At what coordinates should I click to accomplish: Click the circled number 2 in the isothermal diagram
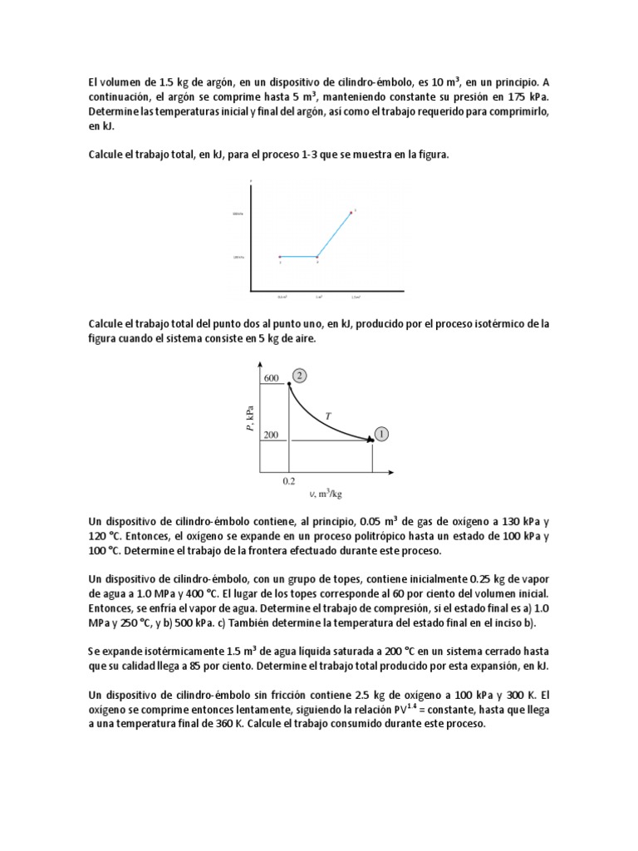click(x=300, y=375)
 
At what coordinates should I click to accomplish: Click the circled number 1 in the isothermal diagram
click(x=381, y=434)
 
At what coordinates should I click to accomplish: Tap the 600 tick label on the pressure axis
click(x=271, y=378)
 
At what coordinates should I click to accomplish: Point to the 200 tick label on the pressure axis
click(x=271, y=435)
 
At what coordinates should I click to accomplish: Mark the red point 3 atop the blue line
click(x=352, y=212)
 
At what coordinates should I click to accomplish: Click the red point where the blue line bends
click(x=317, y=257)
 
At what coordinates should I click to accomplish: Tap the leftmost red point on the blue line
click(x=280, y=257)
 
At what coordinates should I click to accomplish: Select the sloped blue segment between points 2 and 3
click(x=335, y=234)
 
